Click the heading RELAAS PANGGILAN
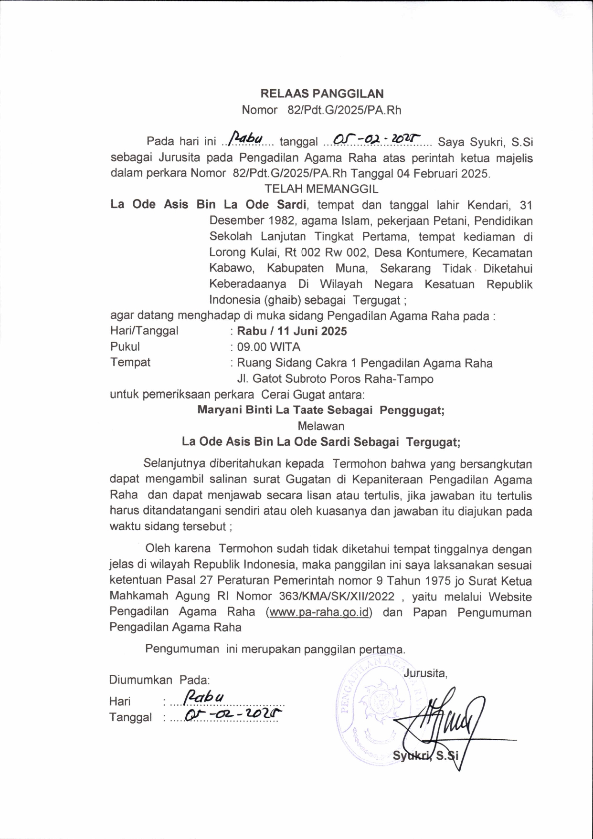click(x=322, y=94)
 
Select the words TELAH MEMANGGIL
click(x=321, y=189)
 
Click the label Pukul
click(x=125, y=347)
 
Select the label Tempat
click(x=130, y=363)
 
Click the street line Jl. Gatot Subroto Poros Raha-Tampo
click(x=335, y=379)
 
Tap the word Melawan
click(x=321, y=426)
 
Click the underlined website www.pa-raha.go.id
click(x=319, y=612)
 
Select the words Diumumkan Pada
click(x=159, y=680)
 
